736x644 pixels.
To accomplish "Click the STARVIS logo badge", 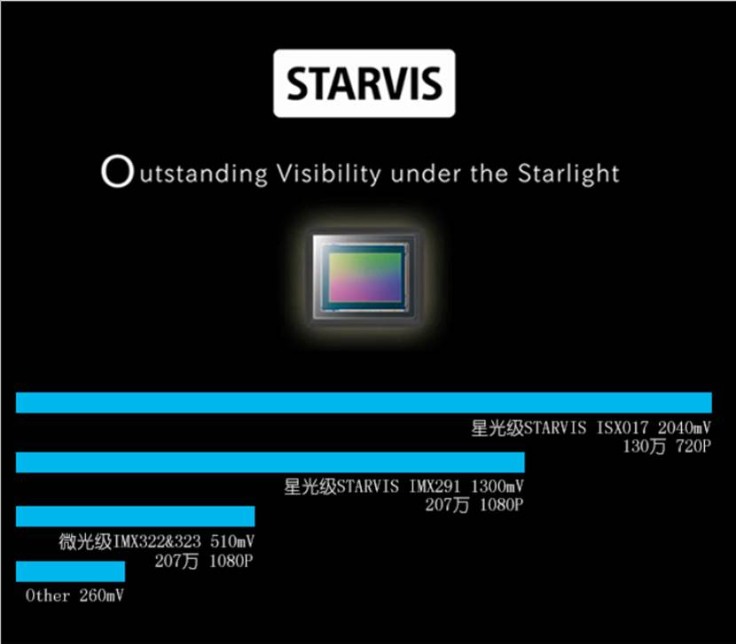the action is [x=364, y=83].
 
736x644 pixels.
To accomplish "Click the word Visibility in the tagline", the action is [x=329, y=175].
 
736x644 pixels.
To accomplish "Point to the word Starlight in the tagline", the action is [x=568, y=174].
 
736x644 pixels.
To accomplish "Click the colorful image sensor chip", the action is [x=364, y=277].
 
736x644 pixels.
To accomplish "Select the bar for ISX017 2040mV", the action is [x=364, y=402].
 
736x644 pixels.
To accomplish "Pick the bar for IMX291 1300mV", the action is [x=270, y=462].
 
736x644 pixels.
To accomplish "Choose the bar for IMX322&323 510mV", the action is [x=135, y=516].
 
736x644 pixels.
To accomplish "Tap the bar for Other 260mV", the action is [x=70, y=571].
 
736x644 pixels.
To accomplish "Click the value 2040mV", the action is [x=685, y=428].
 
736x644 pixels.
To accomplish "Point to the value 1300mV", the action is [x=497, y=486].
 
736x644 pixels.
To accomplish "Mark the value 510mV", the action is [x=232, y=541].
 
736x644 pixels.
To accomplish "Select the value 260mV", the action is [x=101, y=595].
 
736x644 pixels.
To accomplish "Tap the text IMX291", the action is [x=435, y=486].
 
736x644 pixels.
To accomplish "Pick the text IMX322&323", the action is [x=157, y=541].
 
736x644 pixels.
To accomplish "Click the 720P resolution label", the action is [x=693, y=446].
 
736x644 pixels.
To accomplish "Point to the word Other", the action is [x=48, y=595].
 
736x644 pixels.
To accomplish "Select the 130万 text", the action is [x=645, y=446].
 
